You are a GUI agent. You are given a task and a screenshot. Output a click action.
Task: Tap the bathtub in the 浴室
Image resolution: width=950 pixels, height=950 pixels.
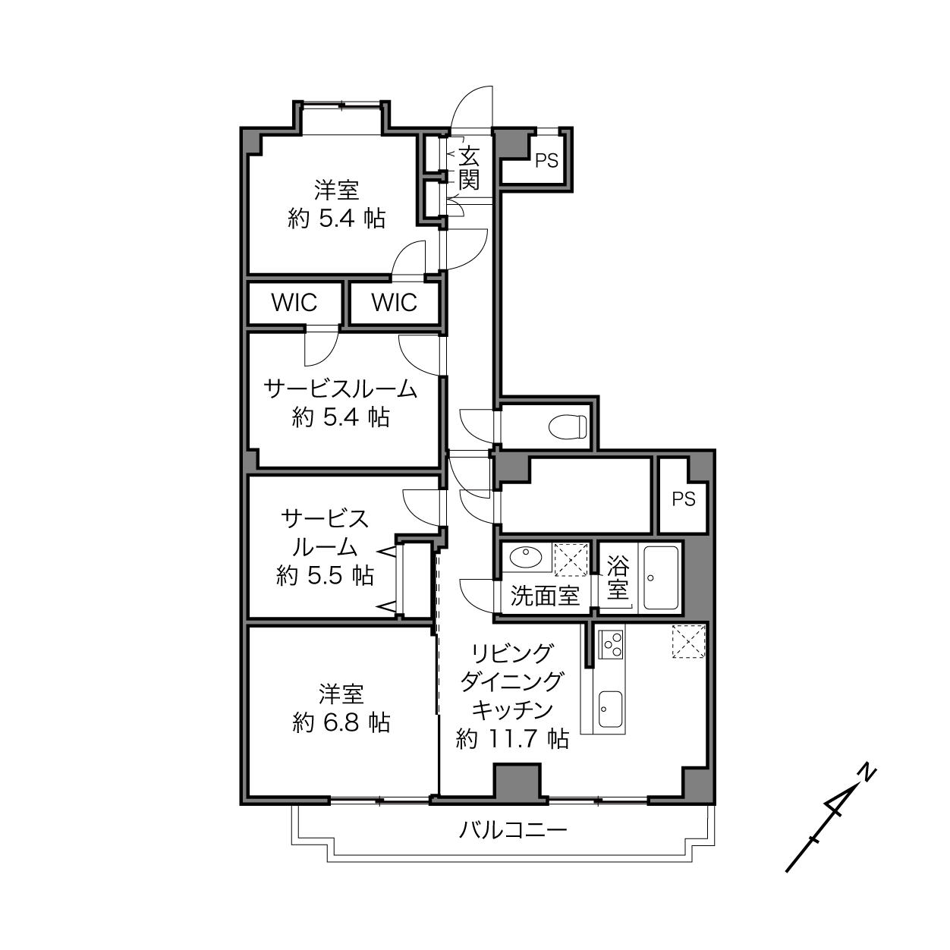coord(661,577)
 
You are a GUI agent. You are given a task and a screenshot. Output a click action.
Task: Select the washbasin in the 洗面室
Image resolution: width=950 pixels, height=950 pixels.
coord(526,557)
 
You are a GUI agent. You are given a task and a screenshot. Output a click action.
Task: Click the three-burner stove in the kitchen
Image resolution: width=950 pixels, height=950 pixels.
coord(611,644)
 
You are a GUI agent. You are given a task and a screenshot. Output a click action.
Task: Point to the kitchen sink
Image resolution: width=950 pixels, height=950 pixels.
coord(610,709)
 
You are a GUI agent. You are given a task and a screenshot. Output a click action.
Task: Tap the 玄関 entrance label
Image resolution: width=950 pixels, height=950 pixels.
coord(469,168)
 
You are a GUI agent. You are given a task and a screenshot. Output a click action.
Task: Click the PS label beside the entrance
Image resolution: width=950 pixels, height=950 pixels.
coord(547,161)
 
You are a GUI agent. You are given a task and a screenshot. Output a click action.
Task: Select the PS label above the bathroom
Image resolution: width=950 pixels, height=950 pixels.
coord(684,499)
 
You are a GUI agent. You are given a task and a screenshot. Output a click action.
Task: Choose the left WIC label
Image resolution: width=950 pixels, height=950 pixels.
coord(294,303)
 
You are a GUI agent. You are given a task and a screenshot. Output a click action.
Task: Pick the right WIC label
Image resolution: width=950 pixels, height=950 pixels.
coord(395,303)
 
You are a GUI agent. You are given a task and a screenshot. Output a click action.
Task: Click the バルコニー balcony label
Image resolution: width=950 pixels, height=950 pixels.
coord(513,831)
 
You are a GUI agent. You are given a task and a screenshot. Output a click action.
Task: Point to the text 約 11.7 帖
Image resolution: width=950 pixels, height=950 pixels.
coord(513,739)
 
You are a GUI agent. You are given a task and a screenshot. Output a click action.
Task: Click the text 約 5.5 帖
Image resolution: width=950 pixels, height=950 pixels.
coord(326,576)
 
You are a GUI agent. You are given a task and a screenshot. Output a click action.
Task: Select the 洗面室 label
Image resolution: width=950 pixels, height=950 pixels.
coord(545,596)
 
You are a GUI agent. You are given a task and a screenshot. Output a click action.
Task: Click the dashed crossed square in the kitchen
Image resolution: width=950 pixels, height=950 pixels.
coord(689,641)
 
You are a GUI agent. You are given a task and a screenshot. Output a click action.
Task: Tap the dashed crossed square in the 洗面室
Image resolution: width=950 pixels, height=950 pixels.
coord(571,559)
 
